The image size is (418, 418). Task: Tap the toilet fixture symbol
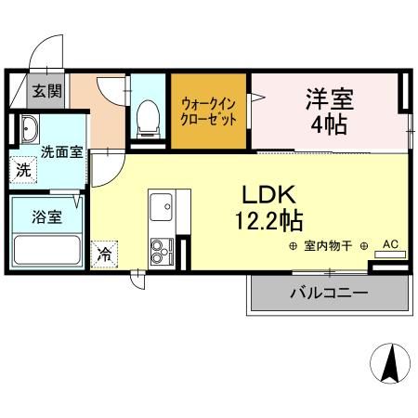[x=147, y=117]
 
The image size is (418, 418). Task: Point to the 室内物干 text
[x=329, y=245]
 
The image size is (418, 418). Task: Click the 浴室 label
[x=47, y=216]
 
